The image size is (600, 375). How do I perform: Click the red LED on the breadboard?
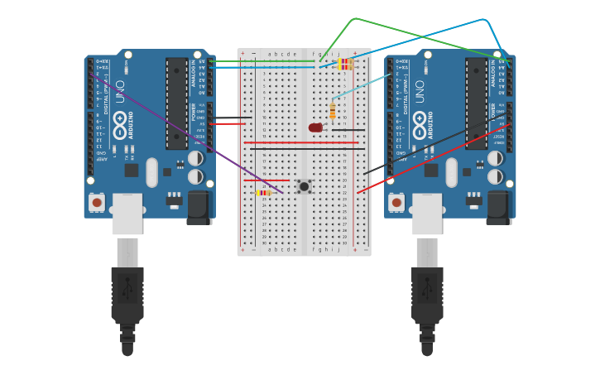point(315,127)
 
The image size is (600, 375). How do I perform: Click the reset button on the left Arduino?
point(97,202)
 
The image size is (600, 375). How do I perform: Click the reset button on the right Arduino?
point(396,202)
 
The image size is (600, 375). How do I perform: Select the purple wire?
point(182,132)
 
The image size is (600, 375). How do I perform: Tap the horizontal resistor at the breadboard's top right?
point(345,64)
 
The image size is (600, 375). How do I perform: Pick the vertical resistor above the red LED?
point(333,110)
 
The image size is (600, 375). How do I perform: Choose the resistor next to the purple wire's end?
point(263,193)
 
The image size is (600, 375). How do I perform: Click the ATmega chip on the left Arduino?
point(176,103)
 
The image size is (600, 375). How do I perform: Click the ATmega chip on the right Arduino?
point(476,103)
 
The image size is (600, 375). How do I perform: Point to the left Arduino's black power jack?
point(199,207)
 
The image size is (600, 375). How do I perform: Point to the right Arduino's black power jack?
point(498,207)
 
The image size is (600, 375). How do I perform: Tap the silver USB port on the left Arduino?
point(127,214)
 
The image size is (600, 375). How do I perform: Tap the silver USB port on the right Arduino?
point(427,214)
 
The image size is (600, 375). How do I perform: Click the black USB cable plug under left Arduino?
point(127,294)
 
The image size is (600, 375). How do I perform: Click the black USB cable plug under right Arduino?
point(427,294)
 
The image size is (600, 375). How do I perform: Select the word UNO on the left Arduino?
point(121,91)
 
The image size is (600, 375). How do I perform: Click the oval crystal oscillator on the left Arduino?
point(151,172)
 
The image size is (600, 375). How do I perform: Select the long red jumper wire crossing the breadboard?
point(301,143)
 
